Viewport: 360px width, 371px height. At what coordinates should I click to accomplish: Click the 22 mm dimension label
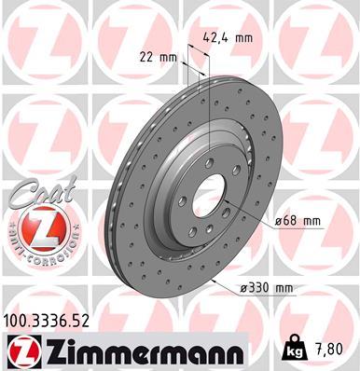click(152, 58)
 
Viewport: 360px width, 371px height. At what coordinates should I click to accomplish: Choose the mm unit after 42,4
click(245, 39)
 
